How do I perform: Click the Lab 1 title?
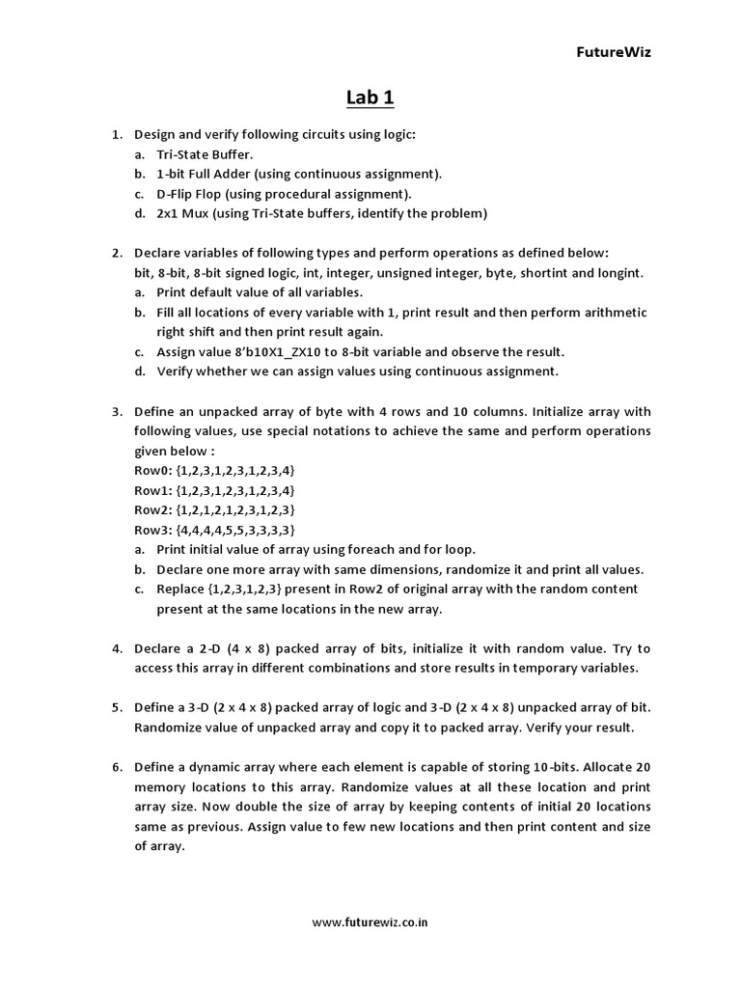point(370,97)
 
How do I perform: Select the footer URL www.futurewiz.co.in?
point(370,921)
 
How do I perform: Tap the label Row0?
point(152,470)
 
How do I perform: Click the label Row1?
point(152,490)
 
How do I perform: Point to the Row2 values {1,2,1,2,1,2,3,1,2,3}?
point(235,509)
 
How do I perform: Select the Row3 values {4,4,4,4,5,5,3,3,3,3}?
point(235,530)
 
